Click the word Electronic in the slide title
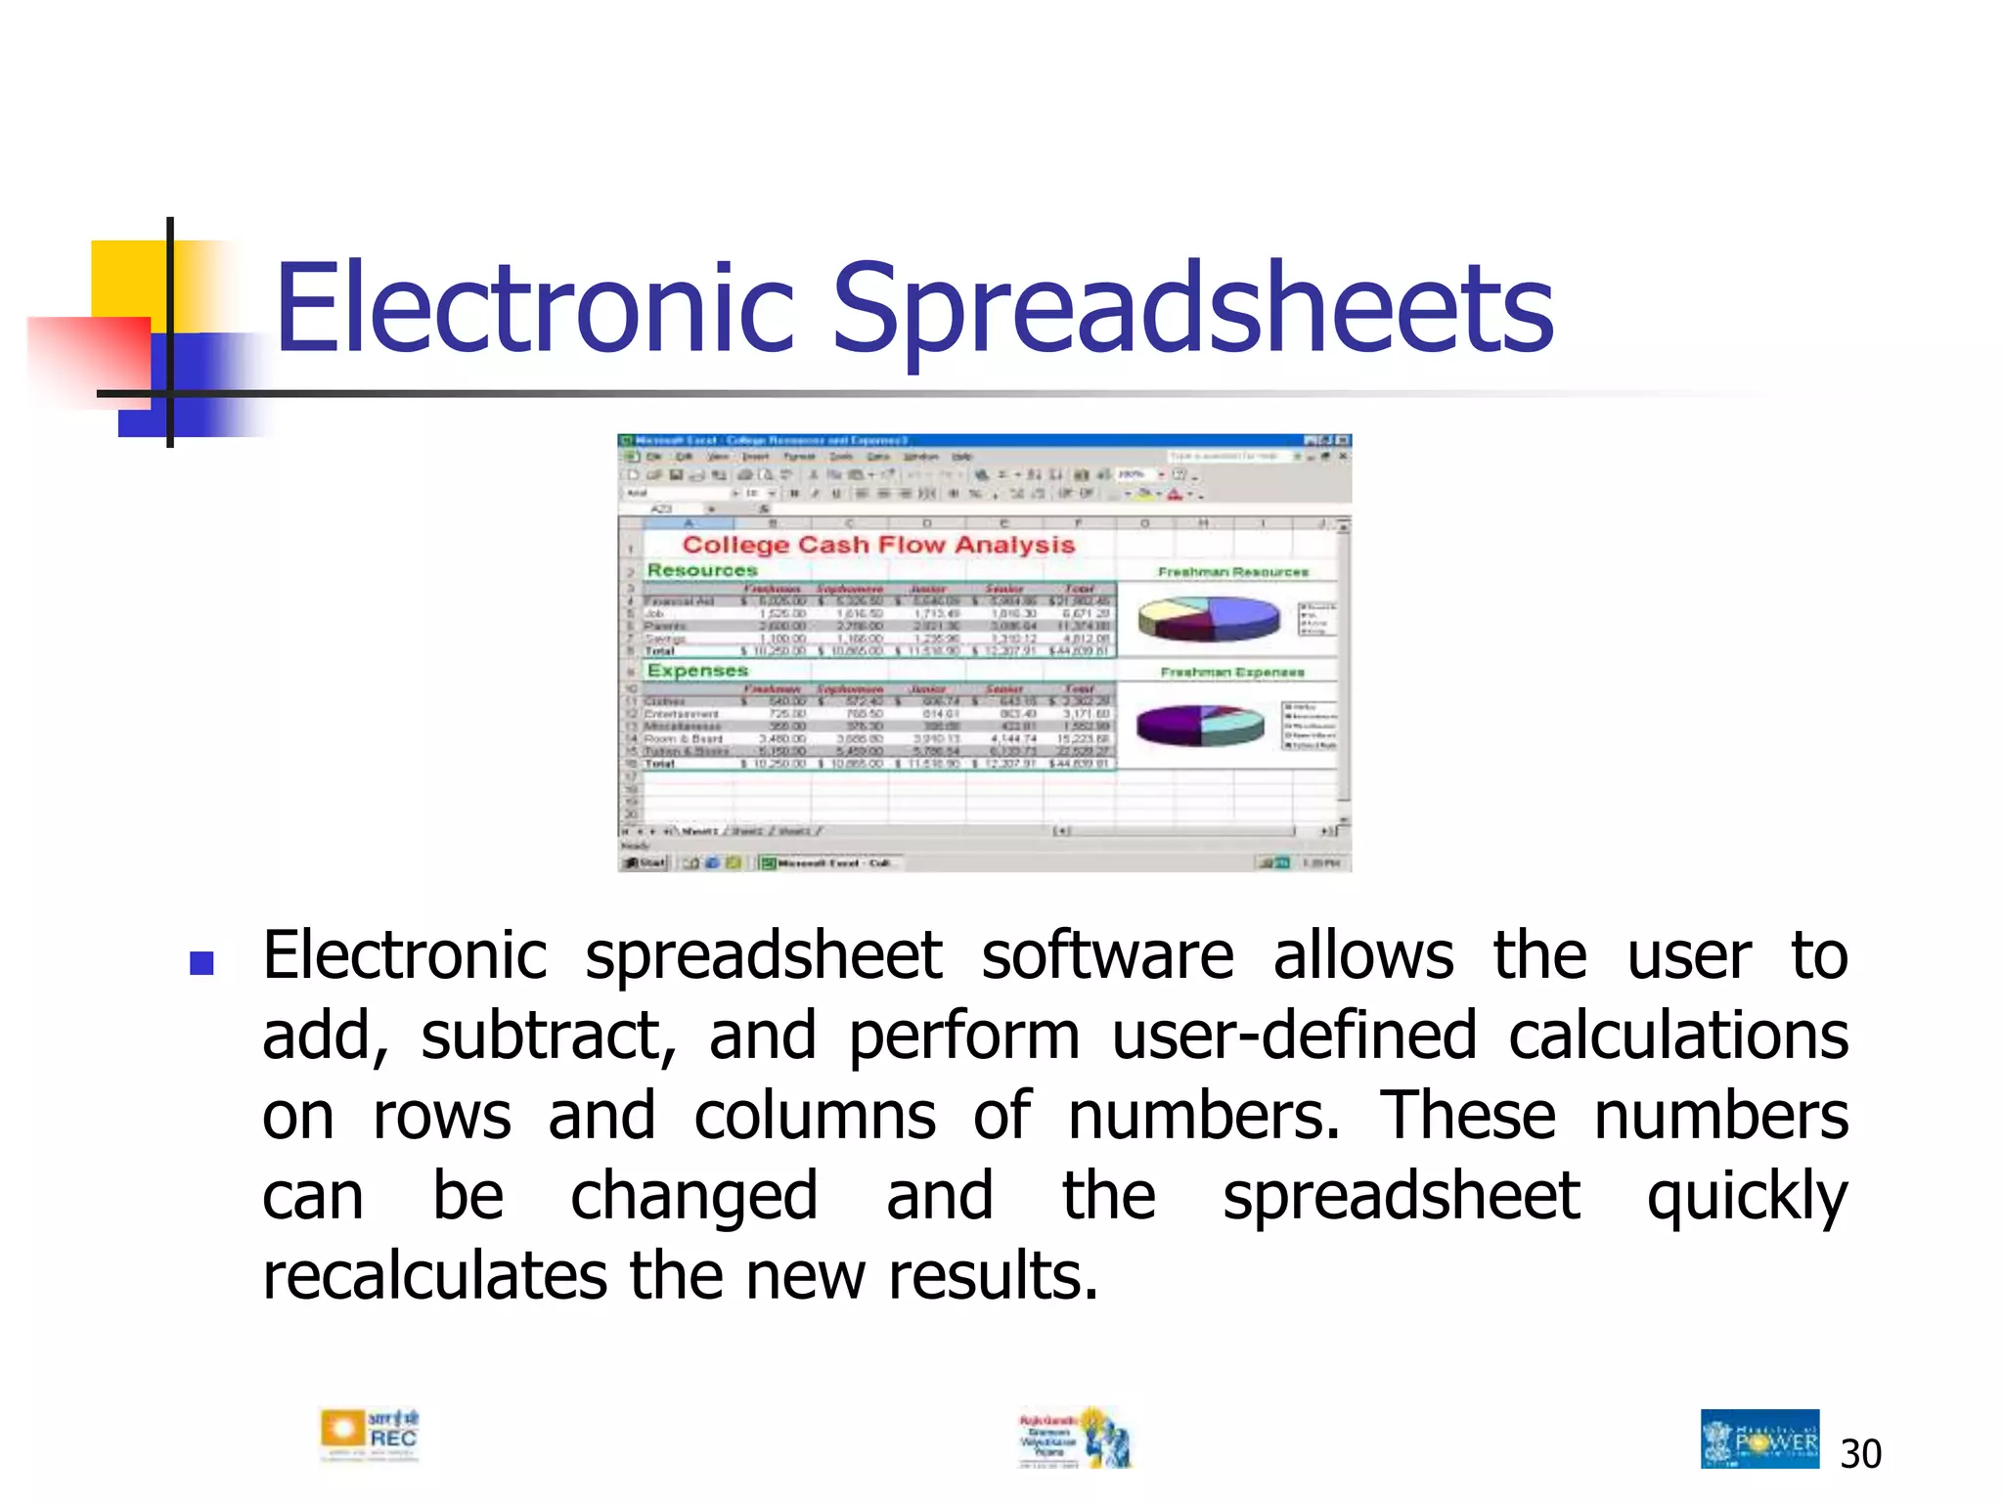coord(534,308)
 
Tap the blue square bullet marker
coord(201,963)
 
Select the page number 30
coord(1860,1454)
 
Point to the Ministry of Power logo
coord(1759,1438)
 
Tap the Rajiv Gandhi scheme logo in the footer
coord(1075,1437)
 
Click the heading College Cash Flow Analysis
coord(878,545)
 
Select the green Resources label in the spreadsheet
coord(702,570)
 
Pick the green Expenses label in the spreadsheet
coord(697,671)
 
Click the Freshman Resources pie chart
coord(1209,618)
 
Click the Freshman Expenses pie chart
coord(1200,725)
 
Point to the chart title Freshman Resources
coord(1232,572)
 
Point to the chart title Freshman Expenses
coord(1232,672)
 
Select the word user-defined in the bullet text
coord(1294,1036)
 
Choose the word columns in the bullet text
coord(814,1116)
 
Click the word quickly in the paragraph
coord(1747,1198)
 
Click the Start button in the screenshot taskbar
coord(645,862)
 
